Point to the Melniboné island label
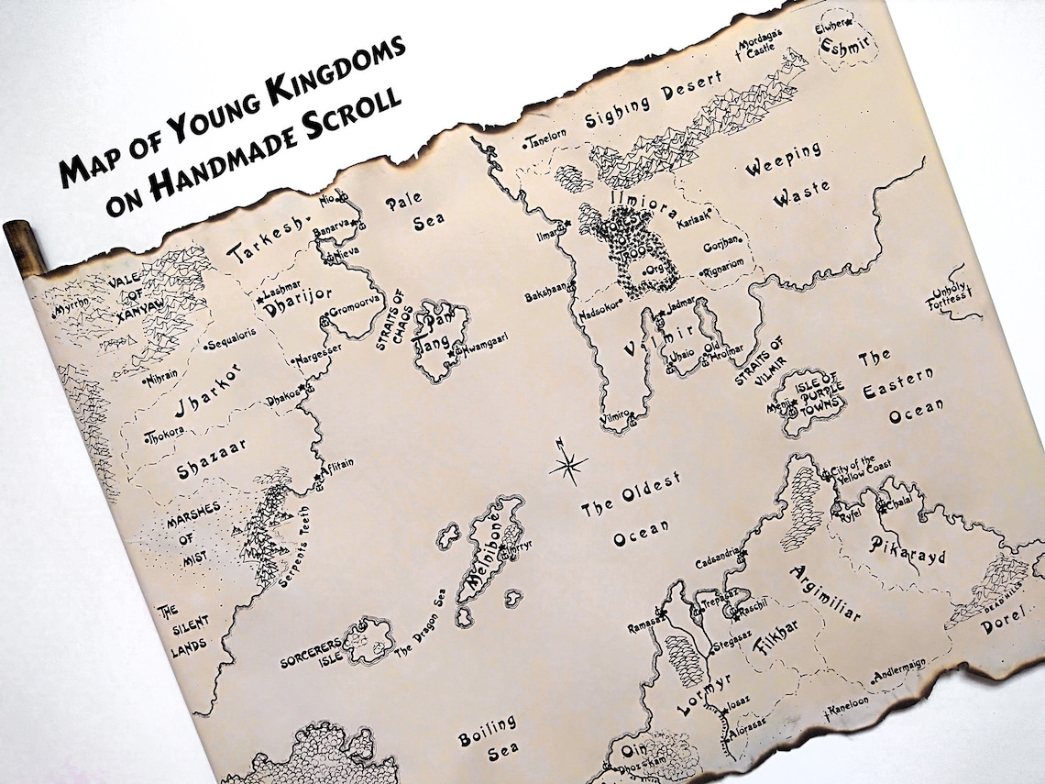pyautogui.click(x=493, y=560)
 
